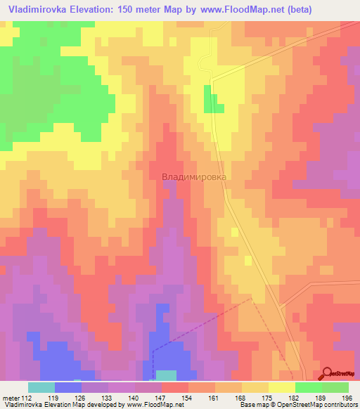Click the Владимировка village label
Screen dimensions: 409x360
[x=194, y=178]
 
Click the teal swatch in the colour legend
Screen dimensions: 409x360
[x=41, y=387]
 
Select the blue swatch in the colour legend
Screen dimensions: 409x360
[x=68, y=387]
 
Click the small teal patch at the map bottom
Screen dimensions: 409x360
[x=166, y=375]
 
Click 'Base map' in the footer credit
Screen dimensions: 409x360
[x=251, y=405]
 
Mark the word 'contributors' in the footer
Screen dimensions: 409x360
[x=340, y=405]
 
